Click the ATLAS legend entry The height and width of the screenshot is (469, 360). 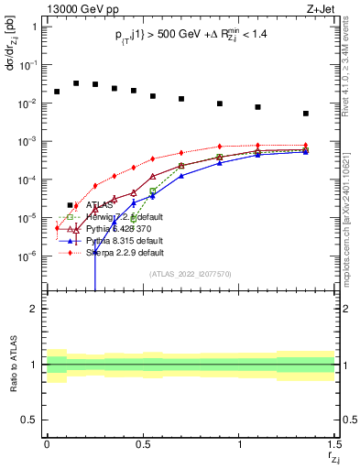click(100, 205)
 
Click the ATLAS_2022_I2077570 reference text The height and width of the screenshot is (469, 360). click(191, 273)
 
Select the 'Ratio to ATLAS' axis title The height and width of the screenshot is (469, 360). click(12, 365)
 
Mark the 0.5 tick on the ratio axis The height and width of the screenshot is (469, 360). click(28, 420)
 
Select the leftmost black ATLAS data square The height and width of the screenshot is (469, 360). click(57, 92)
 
